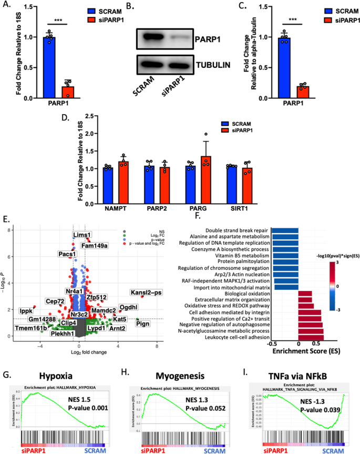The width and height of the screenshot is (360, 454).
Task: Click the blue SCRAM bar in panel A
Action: click(49, 68)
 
